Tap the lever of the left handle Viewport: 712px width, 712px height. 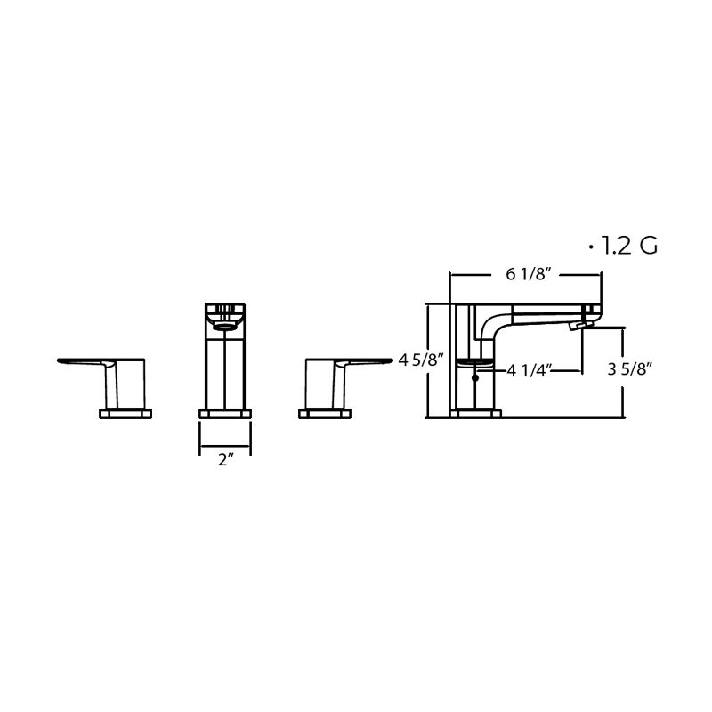85,361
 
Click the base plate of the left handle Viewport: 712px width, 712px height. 125,412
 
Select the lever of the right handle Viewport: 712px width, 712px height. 365,361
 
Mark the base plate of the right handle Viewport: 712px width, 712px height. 325,412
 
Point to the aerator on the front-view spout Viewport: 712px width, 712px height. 225,323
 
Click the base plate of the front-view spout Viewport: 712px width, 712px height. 225,412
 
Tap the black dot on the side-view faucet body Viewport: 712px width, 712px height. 476,378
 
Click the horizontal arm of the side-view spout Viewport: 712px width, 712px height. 543,311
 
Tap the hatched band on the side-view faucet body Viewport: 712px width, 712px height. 476,363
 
